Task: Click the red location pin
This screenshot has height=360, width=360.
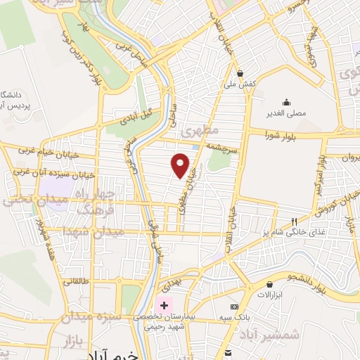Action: (x=181, y=165)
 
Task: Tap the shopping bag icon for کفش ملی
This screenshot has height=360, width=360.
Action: (x=240, y=72)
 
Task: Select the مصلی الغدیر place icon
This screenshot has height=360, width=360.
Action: (x=286, y=101)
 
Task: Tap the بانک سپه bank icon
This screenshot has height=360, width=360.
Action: (x=234, y=307)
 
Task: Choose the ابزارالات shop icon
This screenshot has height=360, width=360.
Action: (x=269, y=284)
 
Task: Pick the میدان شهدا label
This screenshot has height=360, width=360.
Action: (x=91, y=231)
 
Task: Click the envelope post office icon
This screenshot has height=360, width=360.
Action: (x=227, y=352)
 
